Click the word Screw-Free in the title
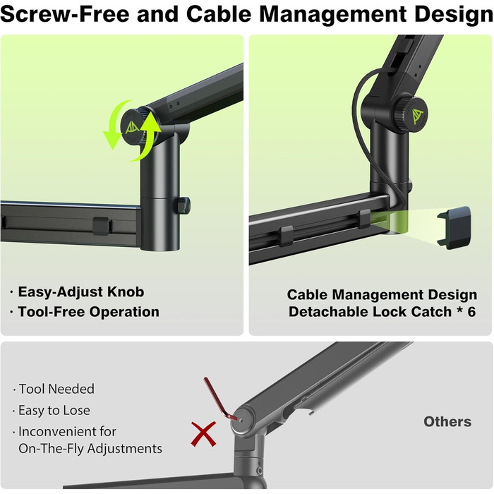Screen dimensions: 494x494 point(65,14)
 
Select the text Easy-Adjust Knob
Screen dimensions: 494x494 point(81,292)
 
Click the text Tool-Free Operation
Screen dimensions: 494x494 point(88,312)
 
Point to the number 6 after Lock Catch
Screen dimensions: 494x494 point(471,312)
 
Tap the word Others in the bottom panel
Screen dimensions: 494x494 point(447,421)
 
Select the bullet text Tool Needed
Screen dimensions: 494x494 point(56,389)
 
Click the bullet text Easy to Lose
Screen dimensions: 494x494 point(54,410)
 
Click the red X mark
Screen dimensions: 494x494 point(203,434)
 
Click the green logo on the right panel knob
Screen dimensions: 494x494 point(418,116)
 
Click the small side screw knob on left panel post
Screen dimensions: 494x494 point(183,205)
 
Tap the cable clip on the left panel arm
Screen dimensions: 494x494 point(102,226)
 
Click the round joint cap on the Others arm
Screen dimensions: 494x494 point(243,420)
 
